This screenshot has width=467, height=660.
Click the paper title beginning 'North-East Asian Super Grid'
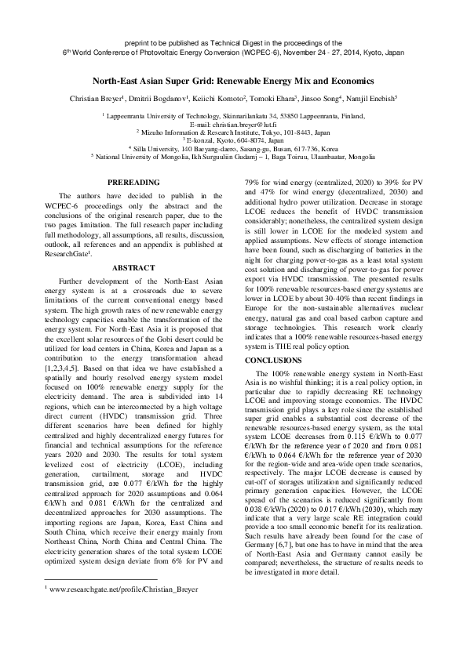click(233, 81)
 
